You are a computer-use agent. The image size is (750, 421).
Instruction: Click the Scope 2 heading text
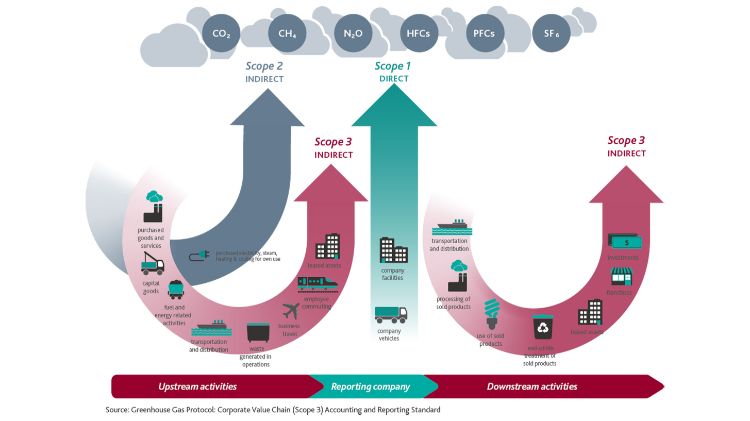(x=265, y=67)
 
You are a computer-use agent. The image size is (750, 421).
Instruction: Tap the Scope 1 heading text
(x=393, y=67)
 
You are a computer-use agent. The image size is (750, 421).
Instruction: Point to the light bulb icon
(x=491, y=311)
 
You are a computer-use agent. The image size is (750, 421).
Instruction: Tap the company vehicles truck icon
(x=391, y=314)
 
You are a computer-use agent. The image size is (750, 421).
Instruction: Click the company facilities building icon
(x=392, y=250)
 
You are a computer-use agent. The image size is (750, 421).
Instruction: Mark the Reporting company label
(x=371, y=386)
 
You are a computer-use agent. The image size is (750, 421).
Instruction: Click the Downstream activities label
(x=532, y=386)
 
